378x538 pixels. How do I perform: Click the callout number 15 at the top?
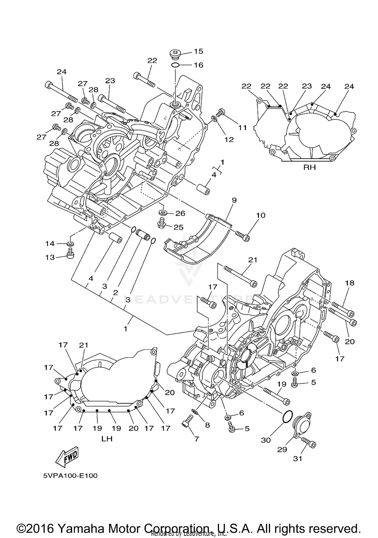coord(198,51)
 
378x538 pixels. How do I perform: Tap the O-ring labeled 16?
coord(175,65)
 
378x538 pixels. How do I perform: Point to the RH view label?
coord(309,167)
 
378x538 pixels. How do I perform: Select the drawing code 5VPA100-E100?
coord(70,476)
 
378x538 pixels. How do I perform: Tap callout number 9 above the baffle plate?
coord(234,200)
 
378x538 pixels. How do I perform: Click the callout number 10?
coord(261,215)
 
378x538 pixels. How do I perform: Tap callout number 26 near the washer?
coord(180,213)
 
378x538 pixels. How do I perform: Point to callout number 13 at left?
coord(50,257)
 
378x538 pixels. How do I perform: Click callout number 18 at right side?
coord(350,283)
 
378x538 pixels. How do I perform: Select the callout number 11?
coord(242,128)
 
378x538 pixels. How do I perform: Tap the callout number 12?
coord(229,139)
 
